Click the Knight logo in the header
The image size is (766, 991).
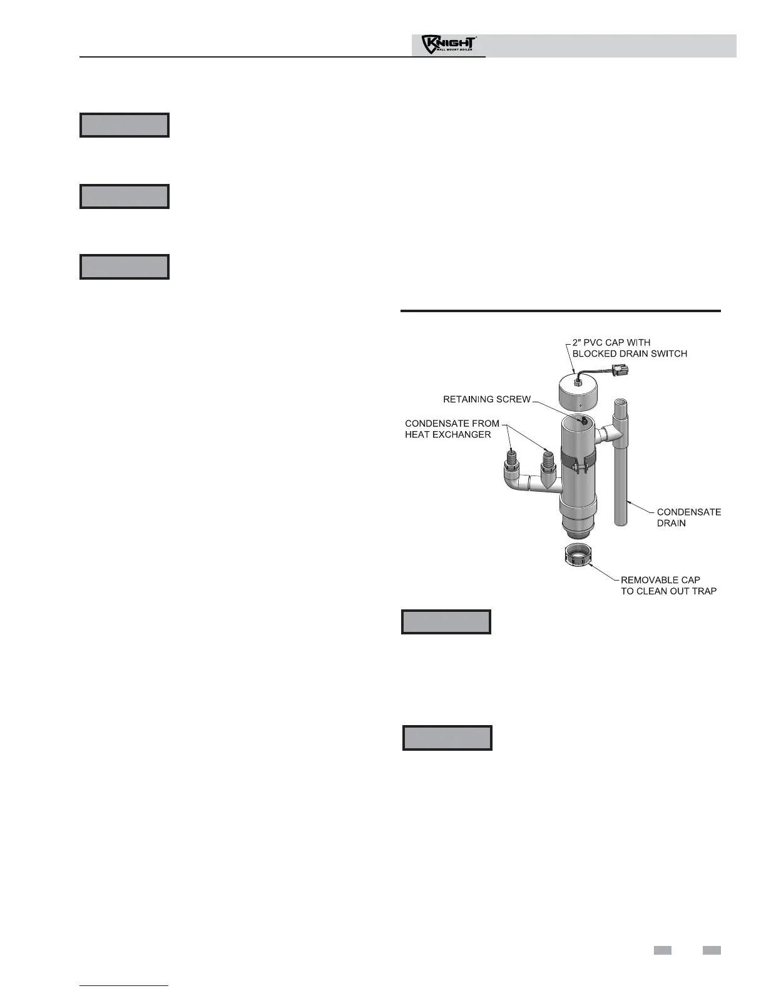(x=449, y=46)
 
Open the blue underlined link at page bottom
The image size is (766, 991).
(x=125, y=985)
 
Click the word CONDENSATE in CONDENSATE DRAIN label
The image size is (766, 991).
(x=688, y=512)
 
